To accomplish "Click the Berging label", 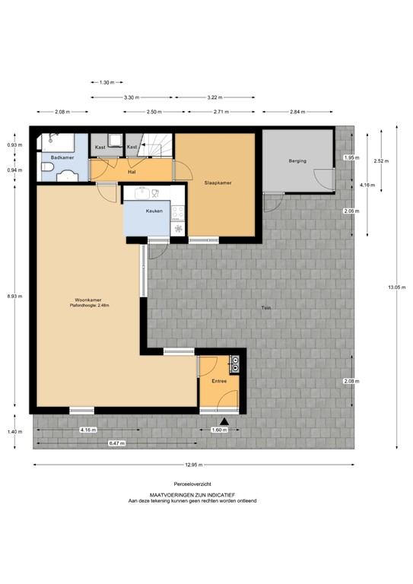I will tap(297, 161).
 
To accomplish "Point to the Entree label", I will tap(219, 381).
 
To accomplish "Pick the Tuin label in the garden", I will tap(266, 307).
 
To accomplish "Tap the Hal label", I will tap(131, 171).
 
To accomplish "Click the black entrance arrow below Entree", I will tap(224, 421).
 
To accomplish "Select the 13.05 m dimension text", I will tap(394, 287).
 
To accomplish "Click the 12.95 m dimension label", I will tap(193, 465).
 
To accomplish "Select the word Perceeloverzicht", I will tap(193, 484).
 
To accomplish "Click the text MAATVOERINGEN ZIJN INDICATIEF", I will tap(193, 494).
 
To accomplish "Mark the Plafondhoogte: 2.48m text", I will tap(90, 306).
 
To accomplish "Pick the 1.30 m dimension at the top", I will tap(107, 82).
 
